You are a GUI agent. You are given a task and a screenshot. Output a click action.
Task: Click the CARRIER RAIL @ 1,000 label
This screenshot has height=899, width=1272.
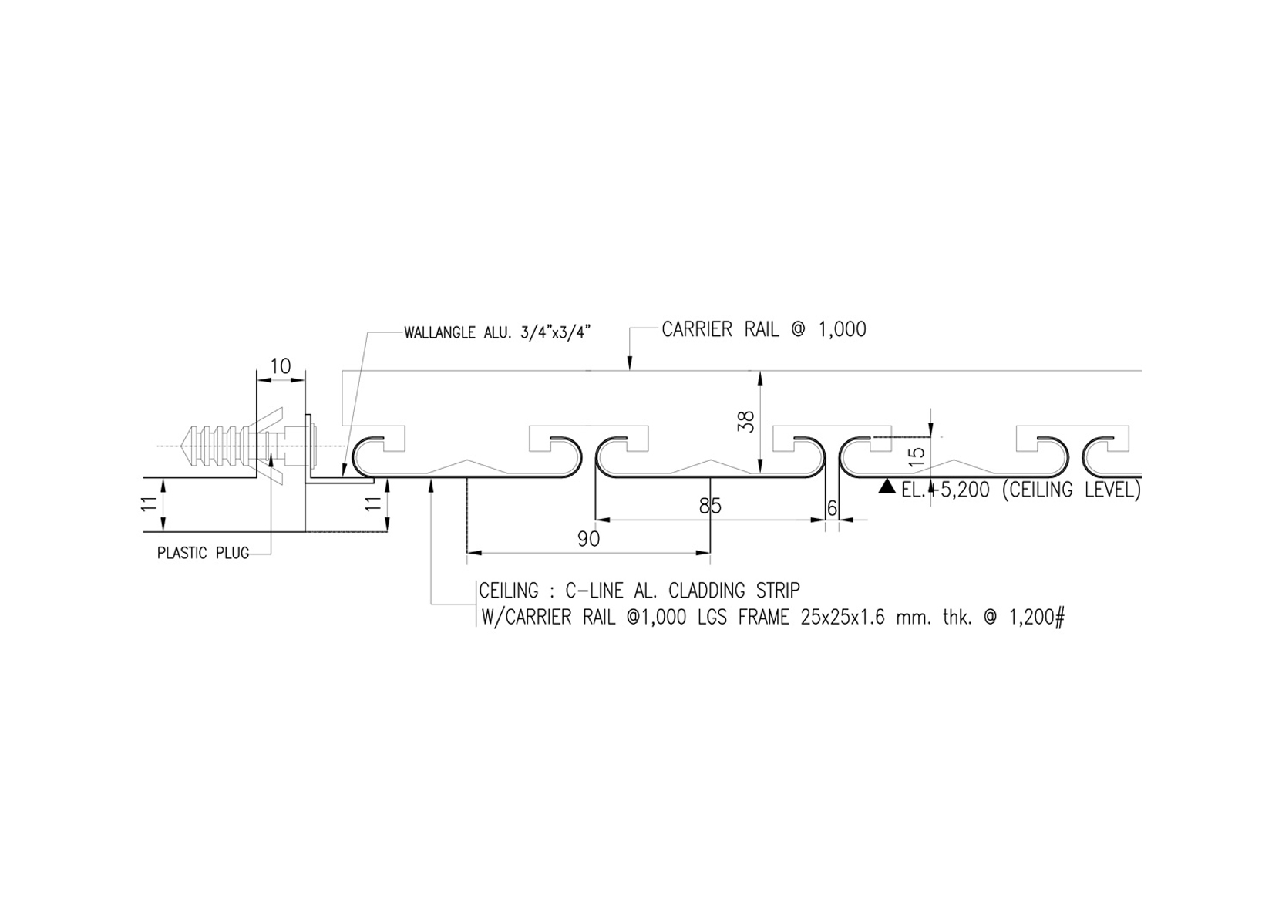(x=764, y=329)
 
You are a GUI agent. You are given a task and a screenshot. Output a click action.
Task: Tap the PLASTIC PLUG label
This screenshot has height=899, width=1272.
(x=203, y=553)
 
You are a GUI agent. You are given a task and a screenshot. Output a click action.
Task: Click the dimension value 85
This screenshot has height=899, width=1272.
(x=710, y=506)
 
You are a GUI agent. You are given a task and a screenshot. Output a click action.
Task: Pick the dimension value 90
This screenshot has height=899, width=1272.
(x=588, y=539)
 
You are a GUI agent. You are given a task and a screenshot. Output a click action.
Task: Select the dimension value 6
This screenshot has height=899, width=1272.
(x=832, y=508)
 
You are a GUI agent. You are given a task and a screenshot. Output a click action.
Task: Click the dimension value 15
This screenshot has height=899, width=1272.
(x=917, y=456)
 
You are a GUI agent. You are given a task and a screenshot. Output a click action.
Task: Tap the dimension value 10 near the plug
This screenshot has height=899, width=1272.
(x=280, y=366)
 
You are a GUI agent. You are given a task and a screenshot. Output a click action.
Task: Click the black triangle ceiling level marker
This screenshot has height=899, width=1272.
(x=887, y=487)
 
